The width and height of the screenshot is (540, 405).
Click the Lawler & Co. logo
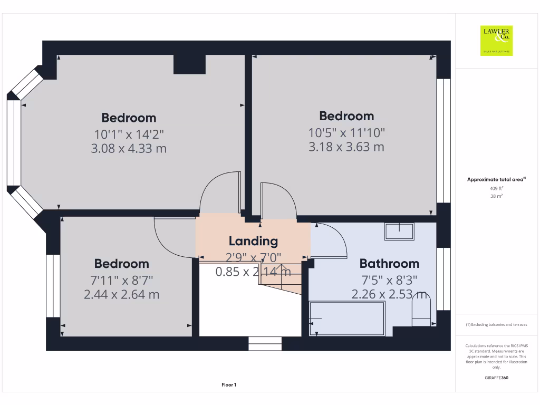click(496, 41)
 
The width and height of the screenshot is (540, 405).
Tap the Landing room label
click(253, 241)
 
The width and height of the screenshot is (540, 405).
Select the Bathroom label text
click(389, 263)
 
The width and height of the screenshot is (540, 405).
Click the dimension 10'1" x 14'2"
click(129, 134)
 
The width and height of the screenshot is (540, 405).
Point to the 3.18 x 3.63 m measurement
click(346, 147)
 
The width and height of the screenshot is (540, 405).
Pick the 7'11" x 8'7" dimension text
click(121, 279)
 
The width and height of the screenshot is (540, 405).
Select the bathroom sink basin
click(399, 231)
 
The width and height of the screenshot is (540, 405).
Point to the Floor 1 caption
click(229, 385)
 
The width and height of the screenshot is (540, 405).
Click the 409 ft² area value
click(496, 188)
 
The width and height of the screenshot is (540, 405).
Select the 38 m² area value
click(496, 196)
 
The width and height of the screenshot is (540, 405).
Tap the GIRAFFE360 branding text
click(496, 378)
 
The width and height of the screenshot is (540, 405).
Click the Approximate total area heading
click(496, 179)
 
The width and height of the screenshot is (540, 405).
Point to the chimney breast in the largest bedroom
click(189, 64)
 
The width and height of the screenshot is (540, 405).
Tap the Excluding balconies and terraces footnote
click(496, 325)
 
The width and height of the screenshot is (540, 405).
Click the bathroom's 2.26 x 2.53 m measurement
click(389, 294)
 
